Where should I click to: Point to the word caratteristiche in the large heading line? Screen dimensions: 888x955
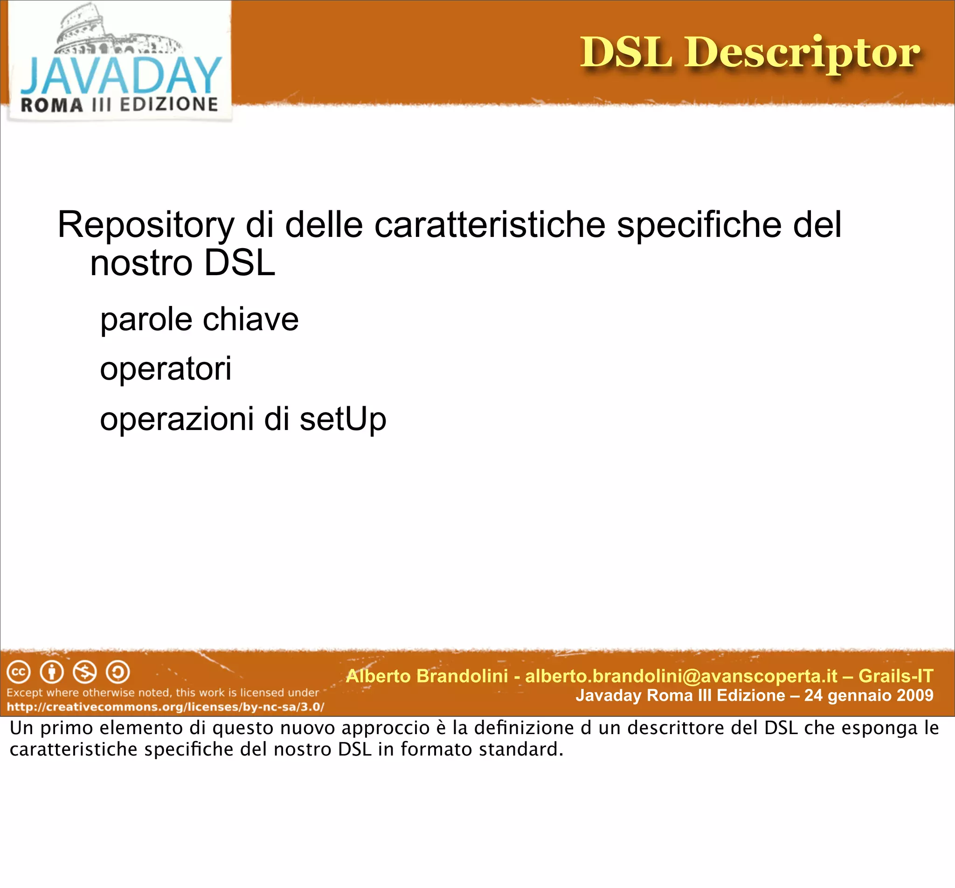coord(490,225)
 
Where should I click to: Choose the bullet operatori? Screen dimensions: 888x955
coord(166,369)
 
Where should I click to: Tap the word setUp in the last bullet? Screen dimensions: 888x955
coord(343,419)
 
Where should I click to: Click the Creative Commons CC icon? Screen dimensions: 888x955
coord(19,672)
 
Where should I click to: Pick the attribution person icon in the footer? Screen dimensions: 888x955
coord(52,672)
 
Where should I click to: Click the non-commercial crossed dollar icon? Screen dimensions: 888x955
coord(85,672)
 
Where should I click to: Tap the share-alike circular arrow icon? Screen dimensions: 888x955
coord(118,672)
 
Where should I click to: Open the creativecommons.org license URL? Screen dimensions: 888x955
coord(165,707)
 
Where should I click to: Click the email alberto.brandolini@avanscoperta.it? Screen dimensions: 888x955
coord(681,676)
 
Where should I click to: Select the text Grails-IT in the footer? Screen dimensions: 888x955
coord(895,676)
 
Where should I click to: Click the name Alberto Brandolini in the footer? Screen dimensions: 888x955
coord(427,676)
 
